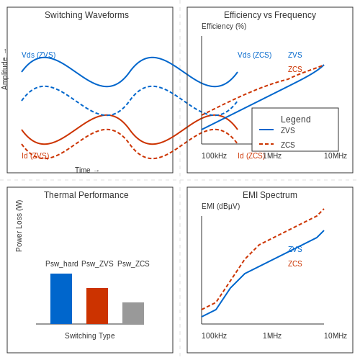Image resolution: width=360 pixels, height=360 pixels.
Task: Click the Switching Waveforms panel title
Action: tap(86, 15)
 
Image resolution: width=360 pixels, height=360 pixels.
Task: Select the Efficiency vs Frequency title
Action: tap(270, 15)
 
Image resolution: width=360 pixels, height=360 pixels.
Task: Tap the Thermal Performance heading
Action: tap(86, 195)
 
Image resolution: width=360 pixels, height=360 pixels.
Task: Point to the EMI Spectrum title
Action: tap(270, 195)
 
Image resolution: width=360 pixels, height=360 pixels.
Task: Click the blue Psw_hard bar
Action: tap(61, 299)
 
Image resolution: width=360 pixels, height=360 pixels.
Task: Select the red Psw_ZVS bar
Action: tap(97, 306)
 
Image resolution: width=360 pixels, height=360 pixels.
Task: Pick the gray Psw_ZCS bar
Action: tap(133, 313)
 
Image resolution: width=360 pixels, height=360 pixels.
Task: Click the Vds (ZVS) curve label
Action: tap(39, 55)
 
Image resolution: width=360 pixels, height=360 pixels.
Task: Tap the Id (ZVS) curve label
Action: tap(35, 156)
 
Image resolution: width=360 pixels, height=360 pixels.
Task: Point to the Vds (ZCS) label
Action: tap(255, 55)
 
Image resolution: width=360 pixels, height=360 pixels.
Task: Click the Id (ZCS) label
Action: tap(251, 156)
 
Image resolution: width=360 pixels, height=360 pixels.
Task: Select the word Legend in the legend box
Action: tap(296, 120)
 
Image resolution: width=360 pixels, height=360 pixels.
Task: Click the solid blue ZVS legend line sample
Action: tap(266, 130)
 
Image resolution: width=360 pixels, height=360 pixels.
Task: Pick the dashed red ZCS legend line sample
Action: tap(266, 144)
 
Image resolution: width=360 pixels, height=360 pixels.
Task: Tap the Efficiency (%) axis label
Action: tap(224, 26)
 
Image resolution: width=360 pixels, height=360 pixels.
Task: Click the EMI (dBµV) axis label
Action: tap(221, 206)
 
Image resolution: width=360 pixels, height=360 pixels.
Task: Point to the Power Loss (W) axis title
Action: tap(19, 226)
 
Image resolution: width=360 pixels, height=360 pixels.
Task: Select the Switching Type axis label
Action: tap(90, 336)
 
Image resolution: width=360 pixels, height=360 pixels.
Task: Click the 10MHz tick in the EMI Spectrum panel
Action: tap(336, 336)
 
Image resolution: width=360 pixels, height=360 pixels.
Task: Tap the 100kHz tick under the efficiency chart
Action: tap(214, 156)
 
